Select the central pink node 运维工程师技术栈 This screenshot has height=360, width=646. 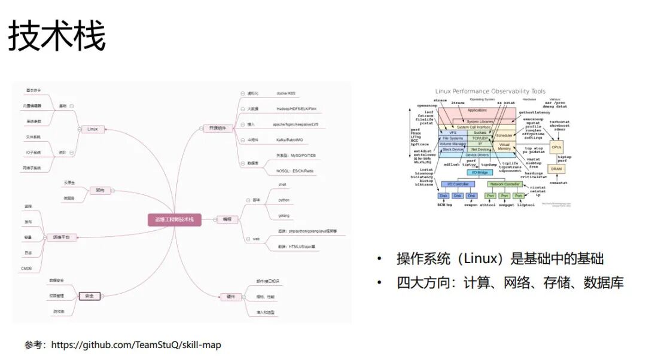coord(174,219)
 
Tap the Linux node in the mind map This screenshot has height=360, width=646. coord(92,129)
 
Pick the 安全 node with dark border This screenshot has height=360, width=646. coord(89,295)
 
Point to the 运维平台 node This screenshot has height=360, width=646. coord(60,237)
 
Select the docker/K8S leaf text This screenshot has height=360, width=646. coord(285,93)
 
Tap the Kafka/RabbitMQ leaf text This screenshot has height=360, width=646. coord(290,140)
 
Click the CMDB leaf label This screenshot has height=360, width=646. coord(27,269)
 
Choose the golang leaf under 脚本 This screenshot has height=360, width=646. coord(284,215)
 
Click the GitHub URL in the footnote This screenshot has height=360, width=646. coord(136,345)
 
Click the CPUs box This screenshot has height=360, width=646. coord(556,147)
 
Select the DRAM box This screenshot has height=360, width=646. coord(556,169)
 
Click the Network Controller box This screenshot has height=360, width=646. coord(505,184)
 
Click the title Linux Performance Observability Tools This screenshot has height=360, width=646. coord(490,91)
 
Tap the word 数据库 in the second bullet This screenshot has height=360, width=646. coord(604,283)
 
